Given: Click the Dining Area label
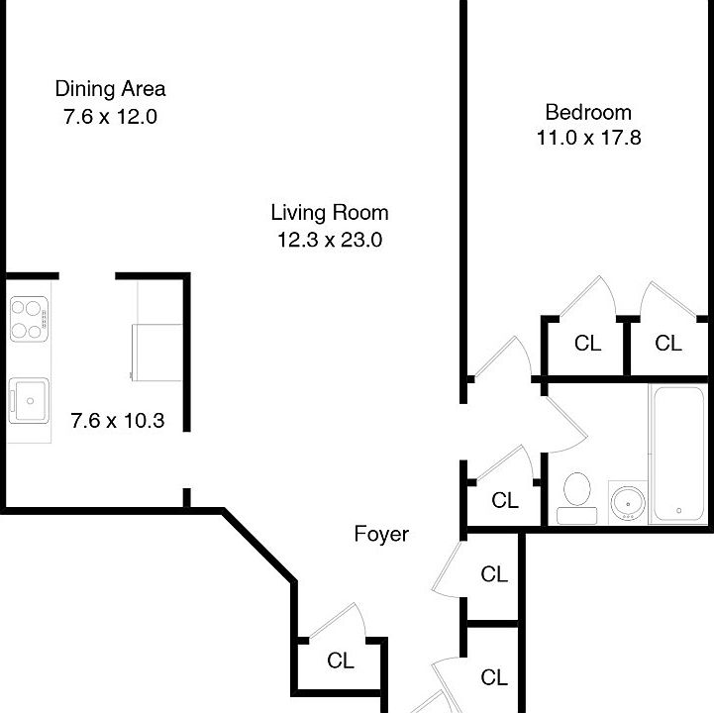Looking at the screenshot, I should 110,89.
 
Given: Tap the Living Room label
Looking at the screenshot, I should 330,212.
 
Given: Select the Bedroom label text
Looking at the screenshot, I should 588,112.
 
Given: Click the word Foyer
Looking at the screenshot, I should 381,535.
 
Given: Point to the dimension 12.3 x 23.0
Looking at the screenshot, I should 330,239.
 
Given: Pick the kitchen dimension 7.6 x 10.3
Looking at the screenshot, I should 117,421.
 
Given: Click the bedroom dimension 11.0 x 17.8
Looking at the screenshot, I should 588,139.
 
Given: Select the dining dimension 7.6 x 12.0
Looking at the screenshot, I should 110,116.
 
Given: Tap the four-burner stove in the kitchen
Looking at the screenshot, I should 30,319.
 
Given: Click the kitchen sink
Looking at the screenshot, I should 30,401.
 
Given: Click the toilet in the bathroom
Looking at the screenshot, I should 576,495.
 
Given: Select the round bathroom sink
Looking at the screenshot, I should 626,501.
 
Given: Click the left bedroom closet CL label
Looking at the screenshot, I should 587,344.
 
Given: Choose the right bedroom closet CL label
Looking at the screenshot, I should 668,344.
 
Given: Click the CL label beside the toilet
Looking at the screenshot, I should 505,501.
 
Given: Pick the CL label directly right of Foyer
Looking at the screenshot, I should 494,574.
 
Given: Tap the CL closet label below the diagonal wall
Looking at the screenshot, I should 341,662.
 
